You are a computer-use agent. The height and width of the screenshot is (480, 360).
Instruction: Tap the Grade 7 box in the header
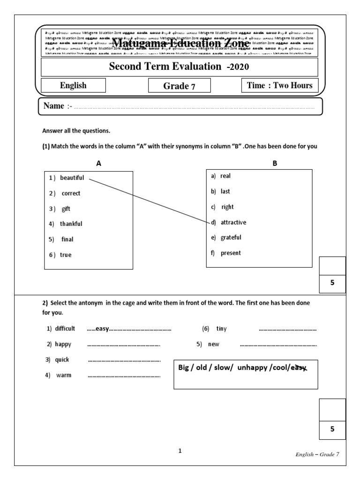(179, 86)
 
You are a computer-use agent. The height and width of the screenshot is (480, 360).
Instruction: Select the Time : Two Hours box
(279, 85)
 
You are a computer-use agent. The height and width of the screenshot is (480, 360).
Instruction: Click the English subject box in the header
(73, 85)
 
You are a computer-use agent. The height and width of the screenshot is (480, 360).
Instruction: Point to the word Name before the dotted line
(53, 106)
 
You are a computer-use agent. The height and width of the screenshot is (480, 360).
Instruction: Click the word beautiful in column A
(72, 178)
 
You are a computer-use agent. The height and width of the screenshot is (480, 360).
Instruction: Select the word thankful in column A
(71, 224)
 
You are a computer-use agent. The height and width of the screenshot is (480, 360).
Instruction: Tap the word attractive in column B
(233, 222)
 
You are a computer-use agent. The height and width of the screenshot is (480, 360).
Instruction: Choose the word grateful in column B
(231, 238)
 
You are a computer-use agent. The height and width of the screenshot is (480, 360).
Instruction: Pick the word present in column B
(230, 253)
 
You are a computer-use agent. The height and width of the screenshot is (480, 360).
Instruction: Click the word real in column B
(225, 176)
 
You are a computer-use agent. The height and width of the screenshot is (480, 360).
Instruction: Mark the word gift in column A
(66, 209)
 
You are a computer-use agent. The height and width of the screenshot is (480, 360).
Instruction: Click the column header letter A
(98, 163)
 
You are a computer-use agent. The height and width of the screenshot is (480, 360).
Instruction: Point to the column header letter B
(275, 163)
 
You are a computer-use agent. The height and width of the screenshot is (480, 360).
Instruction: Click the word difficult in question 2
(65, 329)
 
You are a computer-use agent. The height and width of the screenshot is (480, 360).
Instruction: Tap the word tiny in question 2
(221, 329)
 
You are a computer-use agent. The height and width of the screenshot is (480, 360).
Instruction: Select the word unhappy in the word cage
(252, 368)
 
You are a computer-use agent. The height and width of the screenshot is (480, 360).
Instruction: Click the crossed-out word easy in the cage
(298, 368)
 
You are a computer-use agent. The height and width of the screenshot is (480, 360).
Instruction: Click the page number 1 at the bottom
(180, 451)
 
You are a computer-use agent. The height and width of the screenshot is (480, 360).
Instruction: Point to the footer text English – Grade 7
(317, 454)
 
